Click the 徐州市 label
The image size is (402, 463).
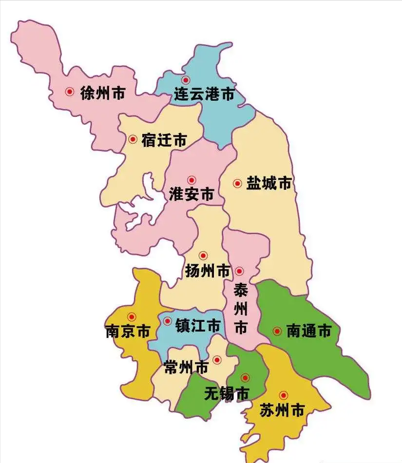point(102,93)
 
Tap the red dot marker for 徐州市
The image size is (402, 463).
point(70,92)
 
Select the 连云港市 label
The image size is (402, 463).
point(204,94)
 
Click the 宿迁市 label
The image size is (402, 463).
point(164,140)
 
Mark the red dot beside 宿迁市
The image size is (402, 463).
point(133,139)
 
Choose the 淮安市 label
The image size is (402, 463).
point(191,194)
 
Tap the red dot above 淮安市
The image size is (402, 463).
point(191,180)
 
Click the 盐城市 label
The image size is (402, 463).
point(268,184)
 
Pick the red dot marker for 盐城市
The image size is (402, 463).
point(237,184)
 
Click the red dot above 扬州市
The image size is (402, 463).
point(203,256)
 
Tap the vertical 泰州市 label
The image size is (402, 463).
point(241,309)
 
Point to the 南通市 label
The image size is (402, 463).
point(308,332)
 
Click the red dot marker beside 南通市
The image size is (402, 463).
point(277,332)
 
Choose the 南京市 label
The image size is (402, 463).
point(127,332)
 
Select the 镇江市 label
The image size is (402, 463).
point(198,326)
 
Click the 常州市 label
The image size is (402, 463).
point(186,368)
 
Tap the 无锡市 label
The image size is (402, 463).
point(227,393)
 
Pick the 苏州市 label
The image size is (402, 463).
point(282,410)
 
